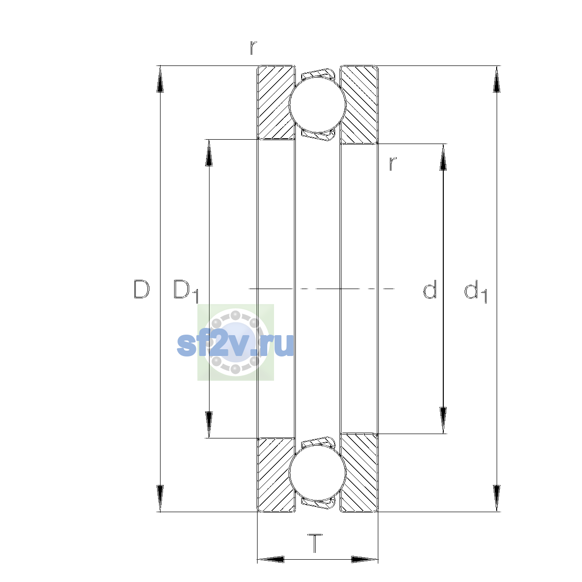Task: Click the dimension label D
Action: tap(141, 289)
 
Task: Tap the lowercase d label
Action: tap(430, 289)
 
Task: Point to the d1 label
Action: tap(475, 291)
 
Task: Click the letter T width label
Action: tap(315, 543)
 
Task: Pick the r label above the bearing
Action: tap(253, 48)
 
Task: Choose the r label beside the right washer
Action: tap(393, 164)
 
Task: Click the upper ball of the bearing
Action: tap(317, 104)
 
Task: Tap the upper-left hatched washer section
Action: tap(275, 102)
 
